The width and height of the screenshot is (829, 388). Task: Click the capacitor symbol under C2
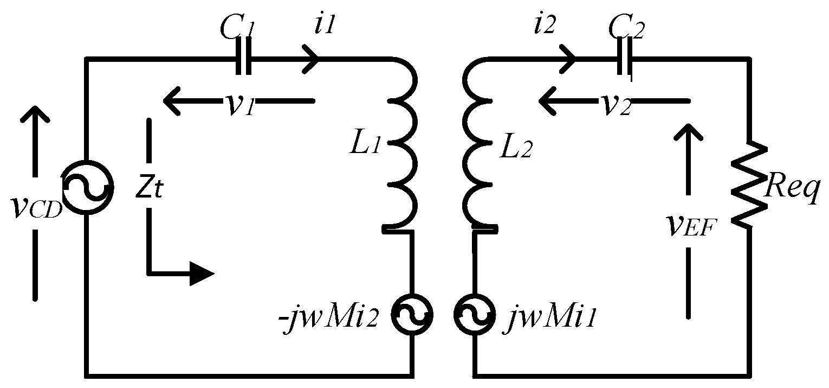[625, 58]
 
